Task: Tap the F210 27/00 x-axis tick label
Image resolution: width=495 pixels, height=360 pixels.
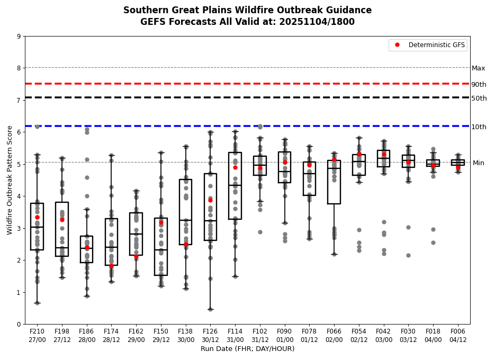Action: tap(37, 335)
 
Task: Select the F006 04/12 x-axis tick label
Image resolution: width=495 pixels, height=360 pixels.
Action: tap(458, 335)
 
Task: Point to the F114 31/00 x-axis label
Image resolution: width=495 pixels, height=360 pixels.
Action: tap(235, 335)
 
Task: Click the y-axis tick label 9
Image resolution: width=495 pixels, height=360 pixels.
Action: tap(19, 37)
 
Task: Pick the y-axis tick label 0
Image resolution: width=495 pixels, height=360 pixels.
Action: tap(19, 324)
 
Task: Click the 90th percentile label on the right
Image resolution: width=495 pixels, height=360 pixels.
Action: tap(479, 85)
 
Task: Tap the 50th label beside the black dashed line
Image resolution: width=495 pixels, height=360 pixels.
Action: tap(479, 98)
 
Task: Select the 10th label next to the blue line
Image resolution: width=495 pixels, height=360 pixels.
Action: tap(479, 127)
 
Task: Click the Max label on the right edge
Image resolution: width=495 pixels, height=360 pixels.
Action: tap(478, 68)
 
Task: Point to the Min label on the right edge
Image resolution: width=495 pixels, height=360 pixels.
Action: tap(478, 163)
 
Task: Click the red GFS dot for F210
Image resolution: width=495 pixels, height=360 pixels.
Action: tap(37, 217)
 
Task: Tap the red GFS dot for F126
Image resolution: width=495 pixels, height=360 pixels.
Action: tap(210, 200)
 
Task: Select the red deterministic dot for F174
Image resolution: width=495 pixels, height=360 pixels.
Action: tap(111, 266)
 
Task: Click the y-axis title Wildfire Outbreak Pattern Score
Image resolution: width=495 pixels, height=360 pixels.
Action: tap(10, 180)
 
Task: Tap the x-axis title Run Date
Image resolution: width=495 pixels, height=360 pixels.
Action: tap(247, 349)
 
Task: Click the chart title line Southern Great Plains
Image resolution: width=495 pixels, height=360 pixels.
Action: tap(247, 10)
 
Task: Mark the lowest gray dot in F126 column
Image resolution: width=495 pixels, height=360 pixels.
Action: tap(210, 309)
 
